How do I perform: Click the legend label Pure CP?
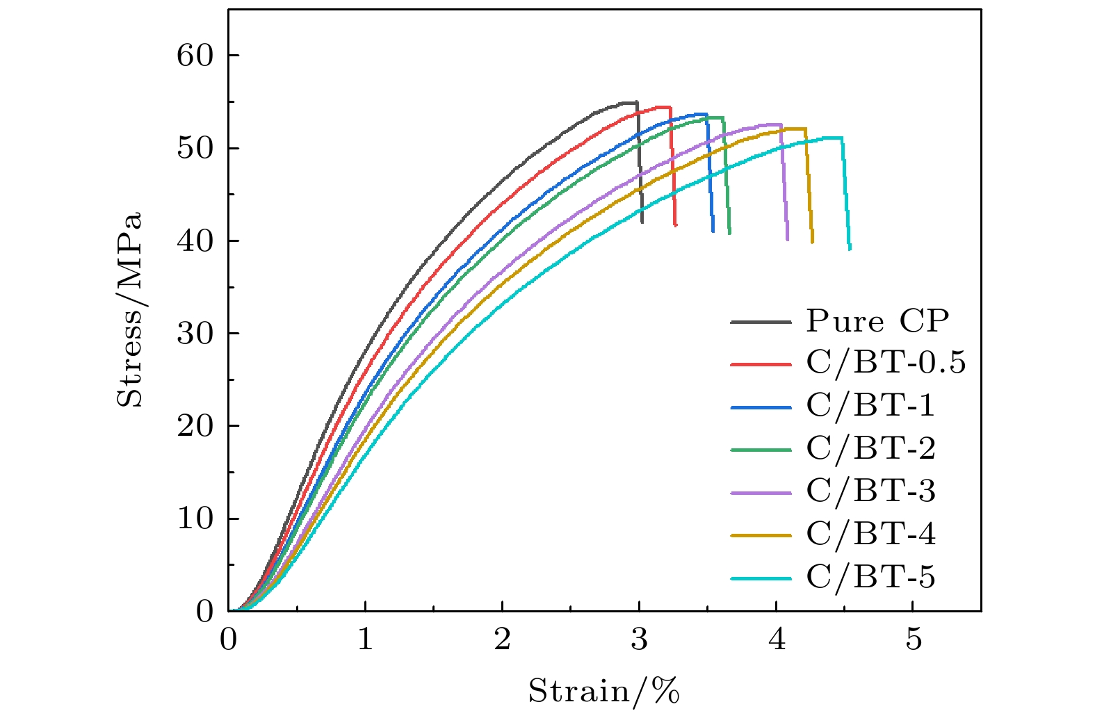click(x=877, y=321)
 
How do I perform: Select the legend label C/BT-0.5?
click(x=886, y=364)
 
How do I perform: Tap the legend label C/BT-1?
click(x=870, y=407)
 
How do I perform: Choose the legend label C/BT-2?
click(x=870, y=449)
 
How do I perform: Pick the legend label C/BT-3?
click(x=870, y=492)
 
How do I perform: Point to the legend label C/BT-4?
click(x=870, y=535)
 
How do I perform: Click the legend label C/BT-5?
click(x=870, y=578)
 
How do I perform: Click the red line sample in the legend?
click(x=761, y=364)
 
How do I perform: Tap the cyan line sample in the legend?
click(x=761, y=578)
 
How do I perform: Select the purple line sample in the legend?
click(x=761, y=493)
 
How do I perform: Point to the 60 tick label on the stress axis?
click(x=195, y=56)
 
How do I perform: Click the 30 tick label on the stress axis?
click(x=195, y=334)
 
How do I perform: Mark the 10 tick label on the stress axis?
click(x=195, y=519)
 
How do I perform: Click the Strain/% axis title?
click(x=603, y=692)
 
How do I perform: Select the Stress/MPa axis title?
click(x=130, y=309)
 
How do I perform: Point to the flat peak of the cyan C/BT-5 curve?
click(x=831, y=138)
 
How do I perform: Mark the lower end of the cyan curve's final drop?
click(x=850, y=248)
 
